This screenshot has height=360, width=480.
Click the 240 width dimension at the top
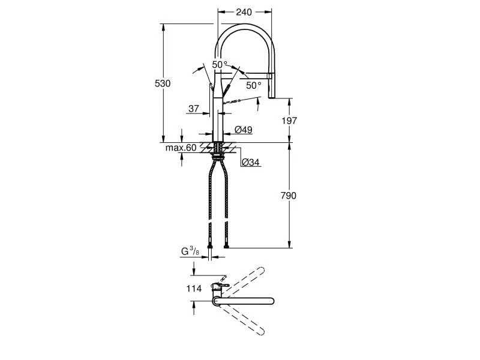[244, 11]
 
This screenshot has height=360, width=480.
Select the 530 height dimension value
[163, 83]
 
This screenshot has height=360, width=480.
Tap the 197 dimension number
[290, 120]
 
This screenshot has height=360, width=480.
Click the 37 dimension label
[193, 109]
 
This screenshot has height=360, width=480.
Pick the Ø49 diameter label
[242, 130]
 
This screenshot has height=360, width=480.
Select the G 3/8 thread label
[191, 251]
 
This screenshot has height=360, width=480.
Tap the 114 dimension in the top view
[194, 289]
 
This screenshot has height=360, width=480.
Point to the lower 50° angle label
[254, 85]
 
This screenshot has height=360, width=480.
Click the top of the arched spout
[244, 26]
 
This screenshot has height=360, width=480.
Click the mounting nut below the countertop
[218, 155]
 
